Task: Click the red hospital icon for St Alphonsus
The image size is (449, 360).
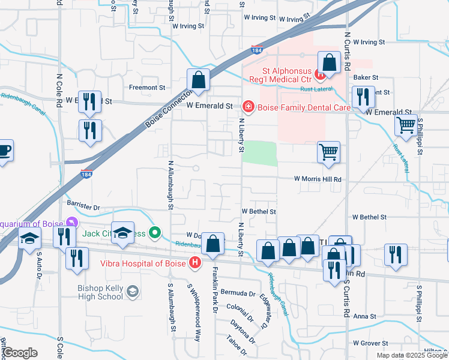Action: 321,75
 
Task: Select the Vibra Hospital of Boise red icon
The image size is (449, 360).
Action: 194,262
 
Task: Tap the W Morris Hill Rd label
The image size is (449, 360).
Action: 317,179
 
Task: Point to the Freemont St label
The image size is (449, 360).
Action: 147,88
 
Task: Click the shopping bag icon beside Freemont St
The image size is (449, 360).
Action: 197,80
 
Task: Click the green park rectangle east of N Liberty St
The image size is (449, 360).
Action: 259,153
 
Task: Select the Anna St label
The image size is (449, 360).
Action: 364,316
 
